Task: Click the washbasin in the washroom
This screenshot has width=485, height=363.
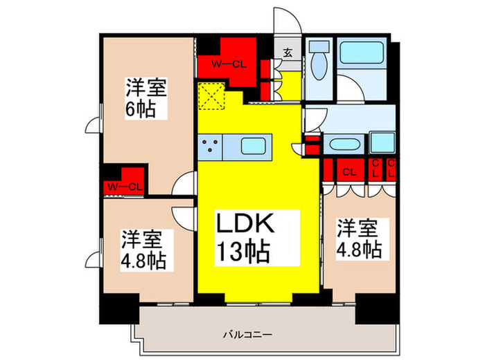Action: pos(343,145)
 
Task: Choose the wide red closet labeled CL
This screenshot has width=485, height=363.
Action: pos(349,169)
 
